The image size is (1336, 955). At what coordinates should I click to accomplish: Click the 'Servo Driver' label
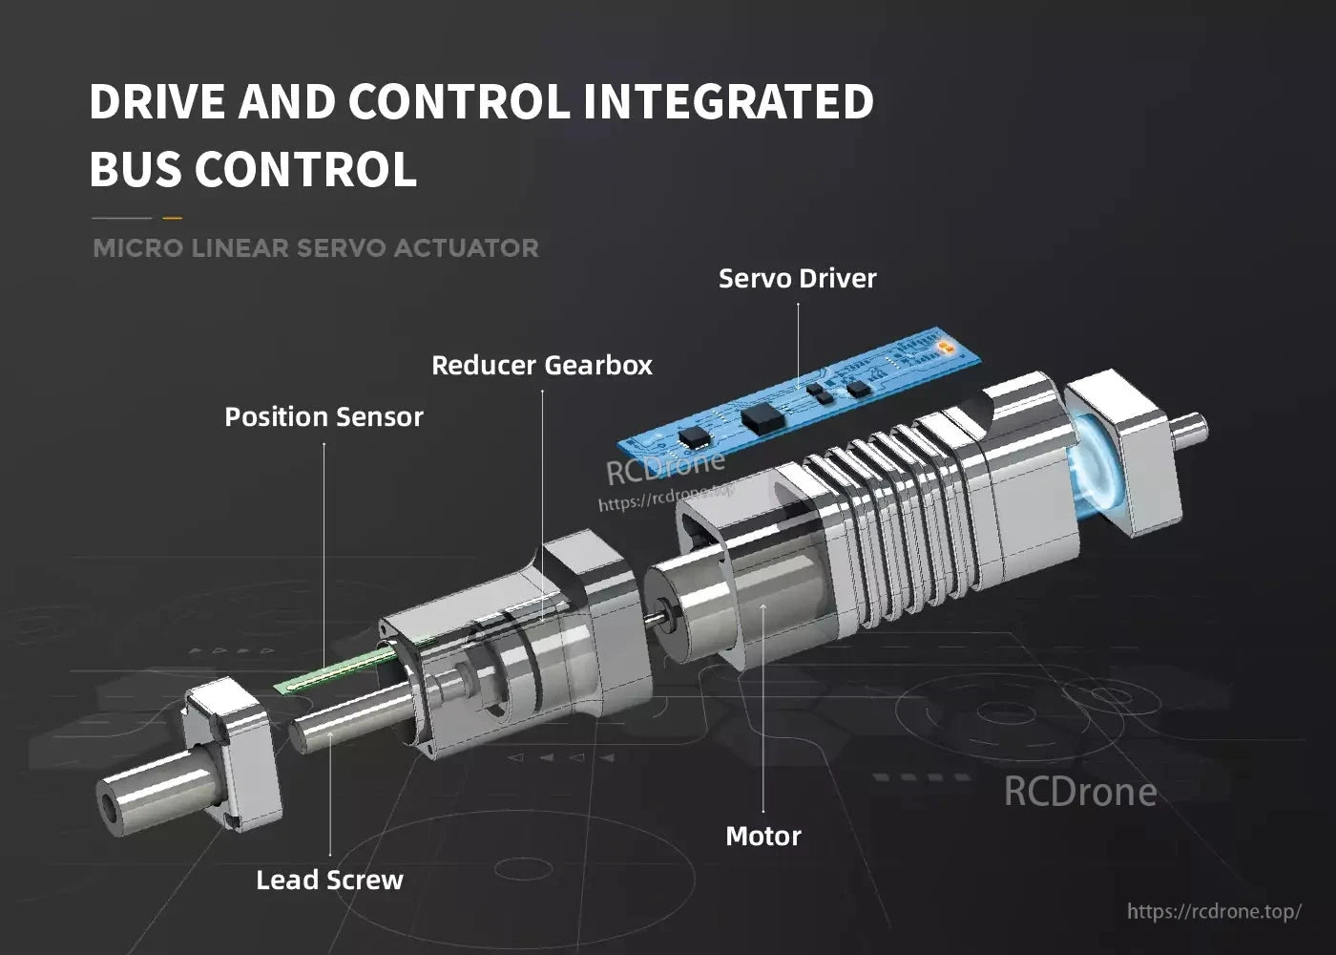(797, 279)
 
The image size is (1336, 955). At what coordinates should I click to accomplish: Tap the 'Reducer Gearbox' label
(541, 366)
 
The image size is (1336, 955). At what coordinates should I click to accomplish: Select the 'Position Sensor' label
(324, 417)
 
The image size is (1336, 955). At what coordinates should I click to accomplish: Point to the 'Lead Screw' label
(329, 880)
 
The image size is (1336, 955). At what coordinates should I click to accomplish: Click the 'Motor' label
(763, 837)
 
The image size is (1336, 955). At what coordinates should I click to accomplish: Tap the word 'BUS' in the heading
(136, 170)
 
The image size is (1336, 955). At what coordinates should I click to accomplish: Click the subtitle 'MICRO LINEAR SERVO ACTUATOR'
(316, 248)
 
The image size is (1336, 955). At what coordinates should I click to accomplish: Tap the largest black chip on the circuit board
(762, 414)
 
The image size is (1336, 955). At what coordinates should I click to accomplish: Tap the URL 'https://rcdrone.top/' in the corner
(1214, 911)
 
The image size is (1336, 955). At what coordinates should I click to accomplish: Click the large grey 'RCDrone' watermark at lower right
(1080, 792)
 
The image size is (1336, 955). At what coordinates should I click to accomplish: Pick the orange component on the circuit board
(944, 346)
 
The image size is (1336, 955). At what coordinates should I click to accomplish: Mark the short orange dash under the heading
(172, 218)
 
